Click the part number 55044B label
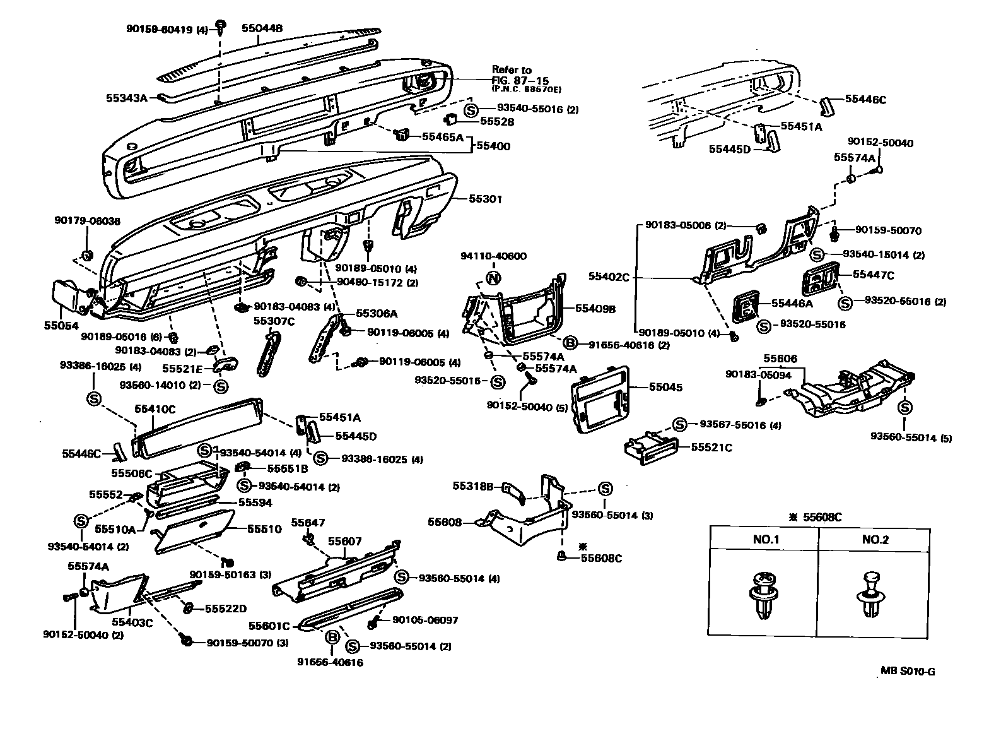262,28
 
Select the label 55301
485,199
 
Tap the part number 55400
494,146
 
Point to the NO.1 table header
766,540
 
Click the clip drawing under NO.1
764,594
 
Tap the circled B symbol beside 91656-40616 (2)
570,342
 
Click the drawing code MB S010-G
908,671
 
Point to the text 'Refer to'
512,70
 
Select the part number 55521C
711,448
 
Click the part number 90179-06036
87,220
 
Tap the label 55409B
595,309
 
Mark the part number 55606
780,359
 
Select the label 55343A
126,98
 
